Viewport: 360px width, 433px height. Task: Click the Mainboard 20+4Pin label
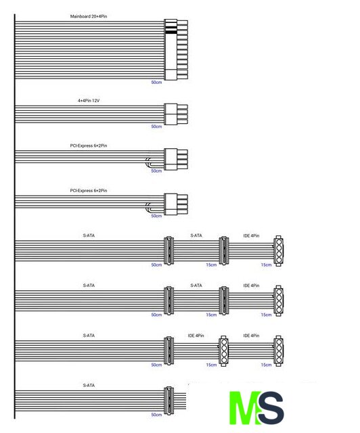pos(89,16)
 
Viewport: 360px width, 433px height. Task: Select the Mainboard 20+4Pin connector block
pos(176,49)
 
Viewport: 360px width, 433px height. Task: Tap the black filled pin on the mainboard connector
pos(171,32)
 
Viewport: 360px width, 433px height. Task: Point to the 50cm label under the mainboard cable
pos(156,83)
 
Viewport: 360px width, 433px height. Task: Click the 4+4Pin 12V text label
pos(89,101)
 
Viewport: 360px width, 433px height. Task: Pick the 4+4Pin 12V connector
pos(176,114)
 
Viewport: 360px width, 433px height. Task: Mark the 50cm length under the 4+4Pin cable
pos(156,127)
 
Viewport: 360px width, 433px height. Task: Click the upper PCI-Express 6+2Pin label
pos(89,145)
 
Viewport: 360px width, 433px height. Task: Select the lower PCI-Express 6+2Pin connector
pos(176,204)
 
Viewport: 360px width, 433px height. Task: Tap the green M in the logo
pos(245,407)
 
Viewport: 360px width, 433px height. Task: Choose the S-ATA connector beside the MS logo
pos(168,401)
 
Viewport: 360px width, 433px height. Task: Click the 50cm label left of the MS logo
pos(156,415)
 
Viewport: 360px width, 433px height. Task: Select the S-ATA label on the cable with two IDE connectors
pos(89,336)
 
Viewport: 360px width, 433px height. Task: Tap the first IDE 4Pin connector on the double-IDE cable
pos(223,350)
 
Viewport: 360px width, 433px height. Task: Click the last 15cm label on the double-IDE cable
pos(267,365)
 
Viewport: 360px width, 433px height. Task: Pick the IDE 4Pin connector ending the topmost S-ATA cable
pos(279,251)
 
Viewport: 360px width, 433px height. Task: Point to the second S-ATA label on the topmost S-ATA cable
pos(196,235)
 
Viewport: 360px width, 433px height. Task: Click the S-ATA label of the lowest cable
pos(89,385)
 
